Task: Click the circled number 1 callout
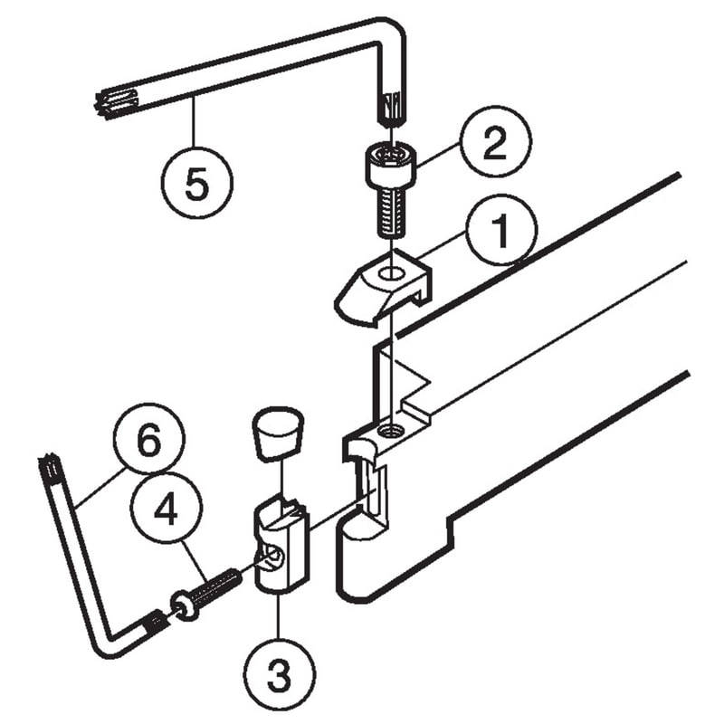(x=501, y=230)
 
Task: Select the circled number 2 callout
(x=495, y=141)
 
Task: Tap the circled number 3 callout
(x=280, y=674)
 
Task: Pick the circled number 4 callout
(x=167, y=508)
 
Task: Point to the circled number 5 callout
(x=197, y=183)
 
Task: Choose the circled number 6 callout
(x=149, y=438)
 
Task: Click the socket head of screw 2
(x=391, y=165)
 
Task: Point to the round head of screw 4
(x=185, y=606)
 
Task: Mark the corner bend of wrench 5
(x=390, y=33)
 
